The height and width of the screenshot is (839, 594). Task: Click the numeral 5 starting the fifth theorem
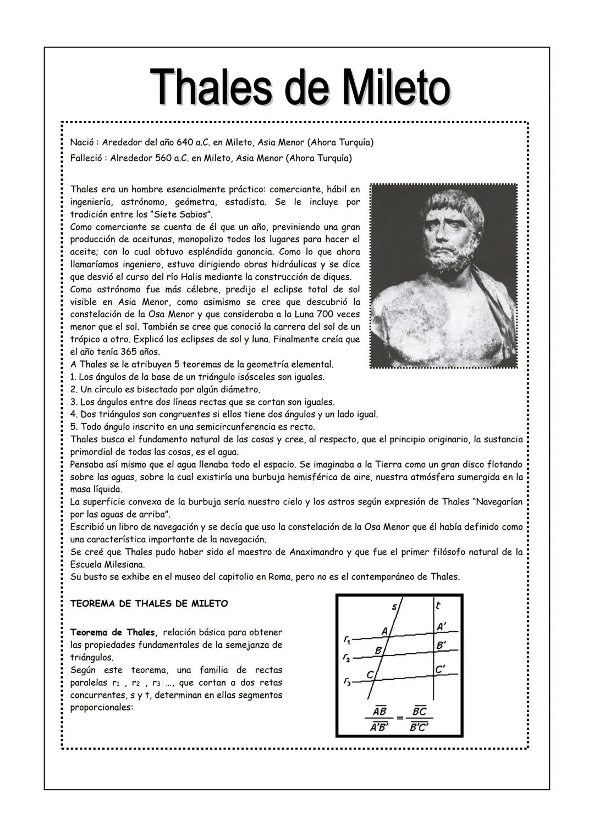[x=73, y=427]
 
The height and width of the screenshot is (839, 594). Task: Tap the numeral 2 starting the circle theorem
[x=73, y=390]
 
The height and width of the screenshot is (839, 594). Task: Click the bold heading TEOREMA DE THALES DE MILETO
[x=149, y=603]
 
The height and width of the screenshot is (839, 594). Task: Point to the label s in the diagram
[x=394, y=607]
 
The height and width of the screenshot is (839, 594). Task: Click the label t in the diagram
[x=438, y=606]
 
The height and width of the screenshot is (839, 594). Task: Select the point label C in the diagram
[x=370, y=674]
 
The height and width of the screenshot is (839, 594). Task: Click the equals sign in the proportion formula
[x=400, y=718]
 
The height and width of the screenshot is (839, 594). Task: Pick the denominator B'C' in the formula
[x=419, y=727]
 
